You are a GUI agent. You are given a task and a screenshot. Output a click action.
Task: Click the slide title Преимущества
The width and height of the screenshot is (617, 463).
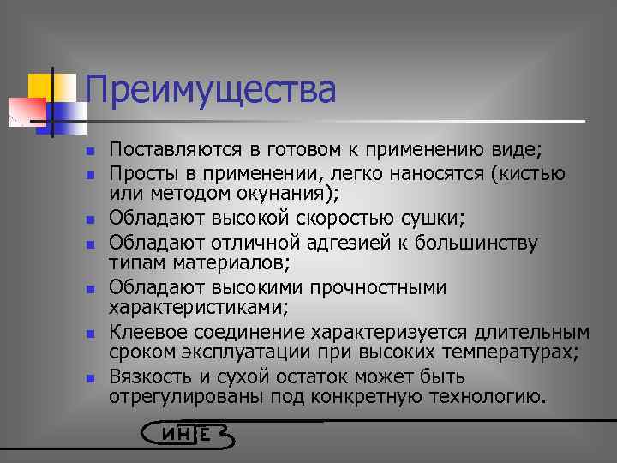(210, 90)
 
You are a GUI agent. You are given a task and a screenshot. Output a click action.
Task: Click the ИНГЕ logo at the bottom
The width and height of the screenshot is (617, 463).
(187, 434)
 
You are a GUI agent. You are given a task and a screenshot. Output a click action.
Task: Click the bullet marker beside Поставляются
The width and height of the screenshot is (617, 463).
(89, 152)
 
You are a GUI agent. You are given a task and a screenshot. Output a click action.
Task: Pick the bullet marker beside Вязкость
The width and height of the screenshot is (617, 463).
(89, 377)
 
